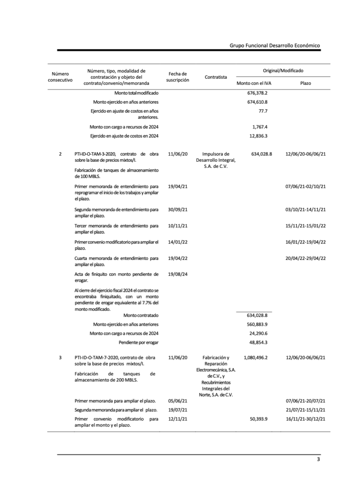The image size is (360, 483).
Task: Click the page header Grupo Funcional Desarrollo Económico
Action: point(275,45)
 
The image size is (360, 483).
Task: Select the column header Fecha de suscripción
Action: point(178,77)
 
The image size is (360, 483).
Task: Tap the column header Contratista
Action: point(216,77)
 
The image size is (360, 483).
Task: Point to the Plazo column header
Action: point(305,83)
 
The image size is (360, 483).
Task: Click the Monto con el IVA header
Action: point(254,83)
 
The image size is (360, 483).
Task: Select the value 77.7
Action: point(263,111)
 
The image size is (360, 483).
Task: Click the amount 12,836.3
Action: point(258,136)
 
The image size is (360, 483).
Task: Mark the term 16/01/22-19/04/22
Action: point(305,242)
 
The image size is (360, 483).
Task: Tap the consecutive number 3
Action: point(60,358)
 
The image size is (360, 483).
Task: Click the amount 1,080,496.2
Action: point(255,358)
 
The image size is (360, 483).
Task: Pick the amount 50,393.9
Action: point(258,419)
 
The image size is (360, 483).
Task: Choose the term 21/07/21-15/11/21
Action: point(305,409)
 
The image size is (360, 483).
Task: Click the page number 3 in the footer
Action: point(318,459)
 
